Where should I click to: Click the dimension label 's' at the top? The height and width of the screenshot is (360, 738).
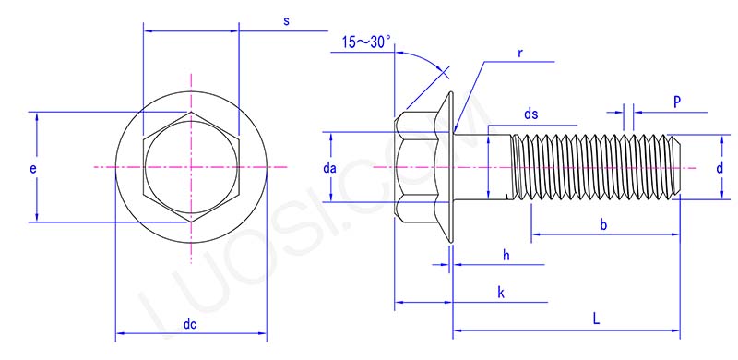(x=287, y=20)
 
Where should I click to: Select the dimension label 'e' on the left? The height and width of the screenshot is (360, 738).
(x=34, y=169)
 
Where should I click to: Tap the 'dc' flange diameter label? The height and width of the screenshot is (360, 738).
(x=190, y=325)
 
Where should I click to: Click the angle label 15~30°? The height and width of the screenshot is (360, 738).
(x=366, y=42)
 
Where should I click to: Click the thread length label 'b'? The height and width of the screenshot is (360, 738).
(x=602, y=223)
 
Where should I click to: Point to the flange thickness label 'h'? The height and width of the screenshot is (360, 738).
(x=506, y=254)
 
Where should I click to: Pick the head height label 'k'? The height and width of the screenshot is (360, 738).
(x=500, y=293)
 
